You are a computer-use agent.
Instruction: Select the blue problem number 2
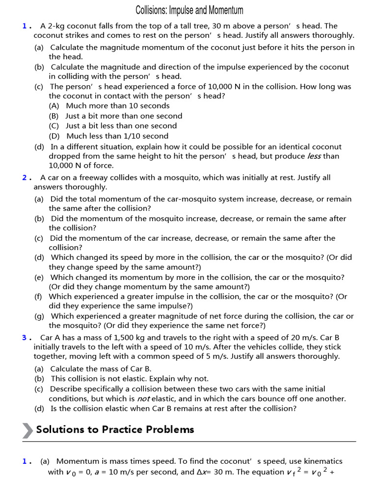(x=25, y=177)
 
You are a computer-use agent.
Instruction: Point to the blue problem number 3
(x=25, y=338)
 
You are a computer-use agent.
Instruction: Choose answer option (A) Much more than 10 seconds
(x=109, y=106)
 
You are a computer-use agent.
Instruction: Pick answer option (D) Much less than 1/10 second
(x=108, y=136)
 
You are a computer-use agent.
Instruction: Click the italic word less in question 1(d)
(x=314, y=156)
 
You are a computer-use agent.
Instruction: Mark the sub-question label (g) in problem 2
(x=39, y=316)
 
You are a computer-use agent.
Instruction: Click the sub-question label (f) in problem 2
(x=38, y=297)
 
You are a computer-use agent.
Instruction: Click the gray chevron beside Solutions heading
(x=28, y=430)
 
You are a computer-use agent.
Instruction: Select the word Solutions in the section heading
(x=60, y=430)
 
